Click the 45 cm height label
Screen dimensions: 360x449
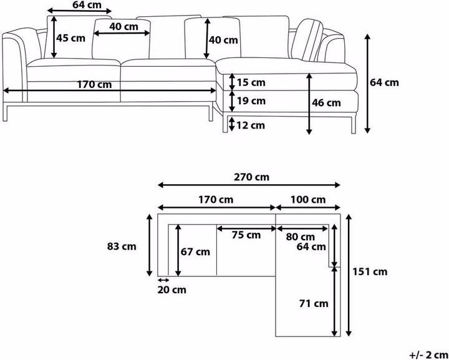pyautogui.click(x=70, y=37)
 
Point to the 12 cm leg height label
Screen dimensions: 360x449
pyautogui.click(x=251, y=125)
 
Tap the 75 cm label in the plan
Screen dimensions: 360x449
pyautogui.click(x=246, y=235)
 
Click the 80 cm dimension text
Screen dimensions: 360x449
pyautogui.click(x=299, y=237)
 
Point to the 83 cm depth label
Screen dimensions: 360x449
pyautogui.click(x=122, y=246)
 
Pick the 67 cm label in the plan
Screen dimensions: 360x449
pyautogui.click(x=195, y=252)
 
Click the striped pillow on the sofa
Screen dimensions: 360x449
pyautogui.click(x=309, y=42)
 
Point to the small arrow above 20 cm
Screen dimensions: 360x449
pyautogui.click(x=163, y=281)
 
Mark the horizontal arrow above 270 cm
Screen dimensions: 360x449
pyautogui.click(x=249, y=185)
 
